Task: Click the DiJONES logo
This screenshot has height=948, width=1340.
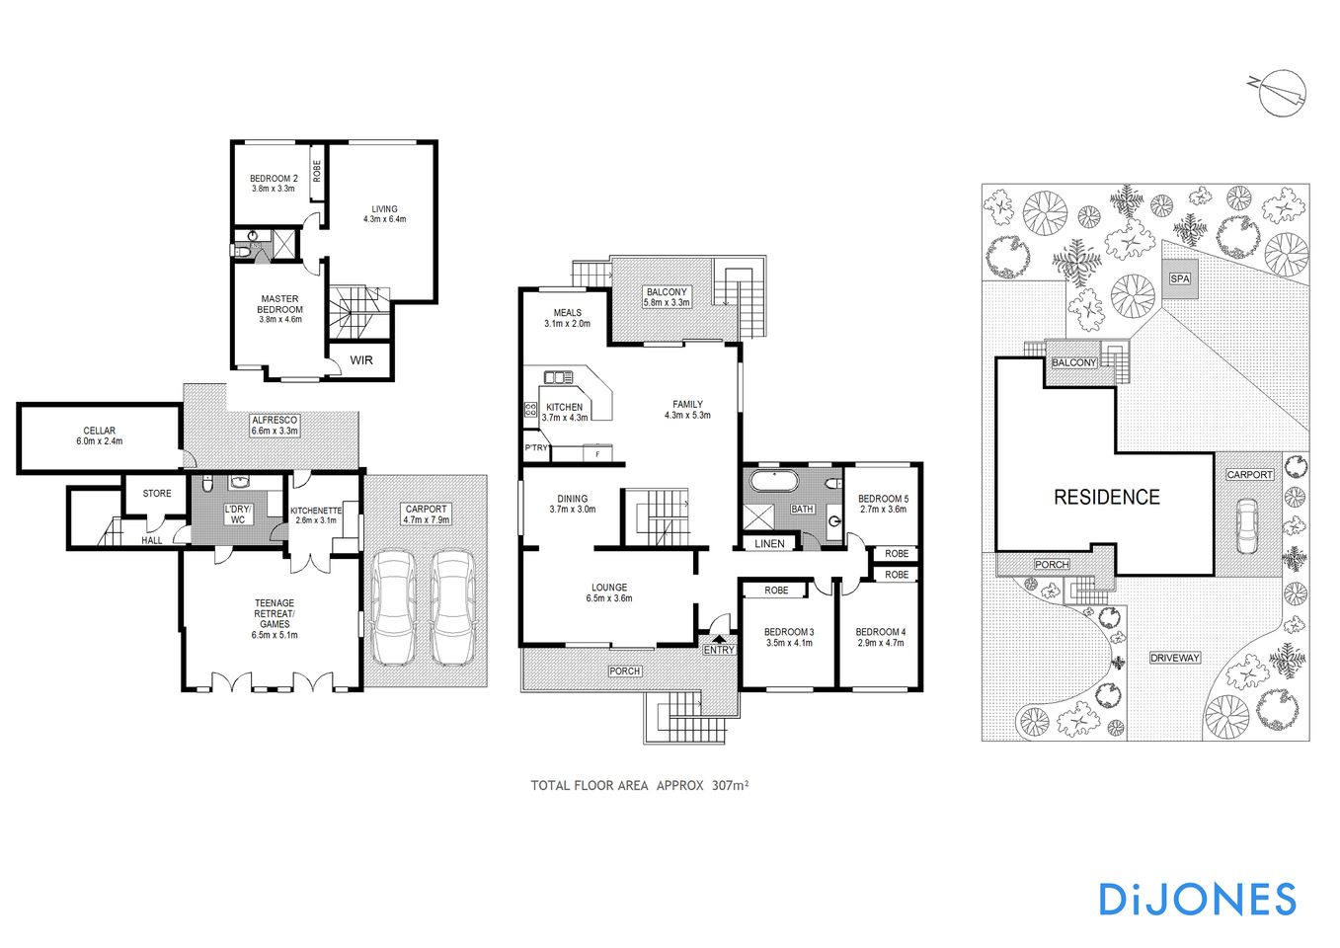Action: tap(1197, 899)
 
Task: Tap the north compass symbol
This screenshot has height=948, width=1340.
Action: tap(1281, 93)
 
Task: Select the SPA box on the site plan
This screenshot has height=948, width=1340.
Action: tap(1180, 278)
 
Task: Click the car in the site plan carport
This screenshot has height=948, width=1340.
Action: tap(1247, 525)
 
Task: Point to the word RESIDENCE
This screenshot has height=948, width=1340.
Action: tap(1106, 497)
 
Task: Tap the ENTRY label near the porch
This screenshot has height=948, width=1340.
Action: tap(719, 650)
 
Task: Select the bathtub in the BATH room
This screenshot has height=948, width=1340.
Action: tap(773, 482)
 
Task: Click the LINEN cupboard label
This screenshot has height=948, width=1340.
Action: tap(769, 544)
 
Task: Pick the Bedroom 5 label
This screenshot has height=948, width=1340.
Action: tap(883, 504)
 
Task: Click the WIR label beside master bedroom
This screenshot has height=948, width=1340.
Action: tap(361, 360)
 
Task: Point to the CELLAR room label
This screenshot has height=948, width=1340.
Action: tap(99, 435)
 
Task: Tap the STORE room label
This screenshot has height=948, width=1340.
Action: tap(157, 493)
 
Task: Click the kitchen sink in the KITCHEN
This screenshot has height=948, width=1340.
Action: tap(558, 377)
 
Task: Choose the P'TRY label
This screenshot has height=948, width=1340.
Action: tap(536, 448)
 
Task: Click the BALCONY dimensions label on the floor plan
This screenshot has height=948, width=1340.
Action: tap(667, 297)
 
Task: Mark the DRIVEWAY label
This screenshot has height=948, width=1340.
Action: tap(1175, 658)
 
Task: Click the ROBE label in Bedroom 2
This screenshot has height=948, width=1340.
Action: tap(317, 171)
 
